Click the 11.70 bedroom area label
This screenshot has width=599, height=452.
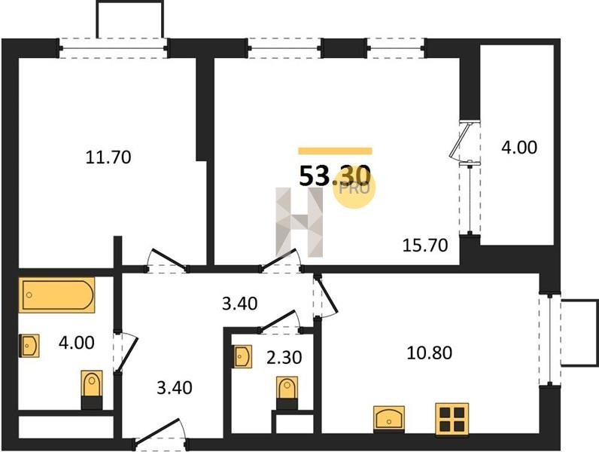pyautogui.click(x=108, y=157)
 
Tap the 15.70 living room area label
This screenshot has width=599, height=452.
pyautogui.click(x=425, y=245)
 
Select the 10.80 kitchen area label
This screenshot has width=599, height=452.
pyautogui.click(x=430, y=353)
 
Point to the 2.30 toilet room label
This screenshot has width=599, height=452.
pyautogui.click(x=284, y=358)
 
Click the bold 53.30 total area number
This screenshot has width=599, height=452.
pyautogui.click(x=335, y=176)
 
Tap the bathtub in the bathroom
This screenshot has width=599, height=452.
pyautogui.click(x=56, y=295)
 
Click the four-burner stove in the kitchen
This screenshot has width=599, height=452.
pyautogui.click(x=452, y=419)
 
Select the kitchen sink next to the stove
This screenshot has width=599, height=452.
pyautogui.click(x=389, y=419)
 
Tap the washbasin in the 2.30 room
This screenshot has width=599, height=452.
pyautogui.click(x=242, y=356)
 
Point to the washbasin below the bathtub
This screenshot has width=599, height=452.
pyautogui.click(x=29, y=346)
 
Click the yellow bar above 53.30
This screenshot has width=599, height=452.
pyautogui.click(x=335, y=151)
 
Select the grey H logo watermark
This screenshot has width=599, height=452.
pyautogui.click(x=299, y=221)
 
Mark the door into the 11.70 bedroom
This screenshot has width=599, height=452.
pyautogui.click(x=166, y=261)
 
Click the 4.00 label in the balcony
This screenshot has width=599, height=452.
pyautogui.click(x=519, y=147)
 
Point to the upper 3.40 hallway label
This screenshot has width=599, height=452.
pyautogui.click(x=240, y=304)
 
